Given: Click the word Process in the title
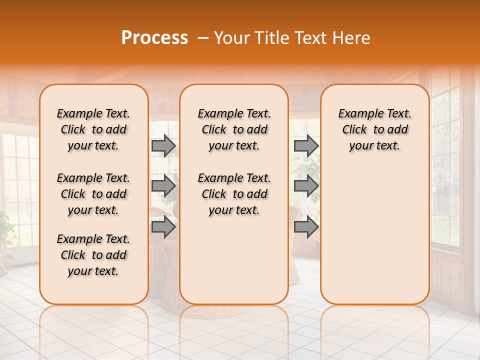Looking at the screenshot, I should pos(154,38).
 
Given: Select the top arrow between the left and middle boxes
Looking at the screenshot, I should pos(163,145).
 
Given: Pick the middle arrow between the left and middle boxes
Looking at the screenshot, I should pos(163,186).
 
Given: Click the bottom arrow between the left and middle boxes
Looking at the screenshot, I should pos(163,227).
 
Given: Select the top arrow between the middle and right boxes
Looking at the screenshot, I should pos(306,145).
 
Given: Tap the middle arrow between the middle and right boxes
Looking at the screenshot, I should pos(306,186).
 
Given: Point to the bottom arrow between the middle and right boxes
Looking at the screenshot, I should pos(306,227).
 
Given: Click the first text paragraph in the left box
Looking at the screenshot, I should pos(93,129).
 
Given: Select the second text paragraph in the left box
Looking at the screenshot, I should pos(93,194).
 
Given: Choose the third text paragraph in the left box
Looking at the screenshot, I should pos(93,255).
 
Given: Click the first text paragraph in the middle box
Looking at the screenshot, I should pos(234,129).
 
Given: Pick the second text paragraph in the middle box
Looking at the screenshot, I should pos(234,194).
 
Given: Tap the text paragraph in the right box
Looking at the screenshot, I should pos(374,129).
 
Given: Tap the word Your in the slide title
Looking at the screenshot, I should pos(232,38).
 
